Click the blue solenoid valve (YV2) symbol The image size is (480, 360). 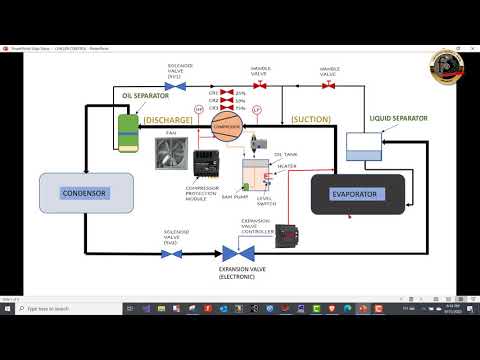coord(172,253)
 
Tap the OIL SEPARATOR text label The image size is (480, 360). coord(139,96)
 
